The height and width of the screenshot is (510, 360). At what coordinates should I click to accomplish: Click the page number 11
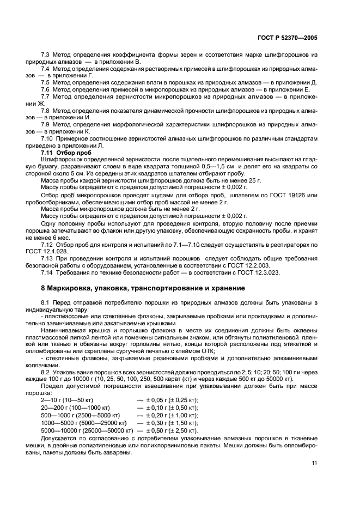[314, 464]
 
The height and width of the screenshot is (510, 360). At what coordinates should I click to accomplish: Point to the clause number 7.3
[46, 56]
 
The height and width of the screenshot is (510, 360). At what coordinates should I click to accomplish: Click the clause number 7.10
[47, 138]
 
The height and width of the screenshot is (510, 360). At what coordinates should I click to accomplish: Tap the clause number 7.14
[47, 271]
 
